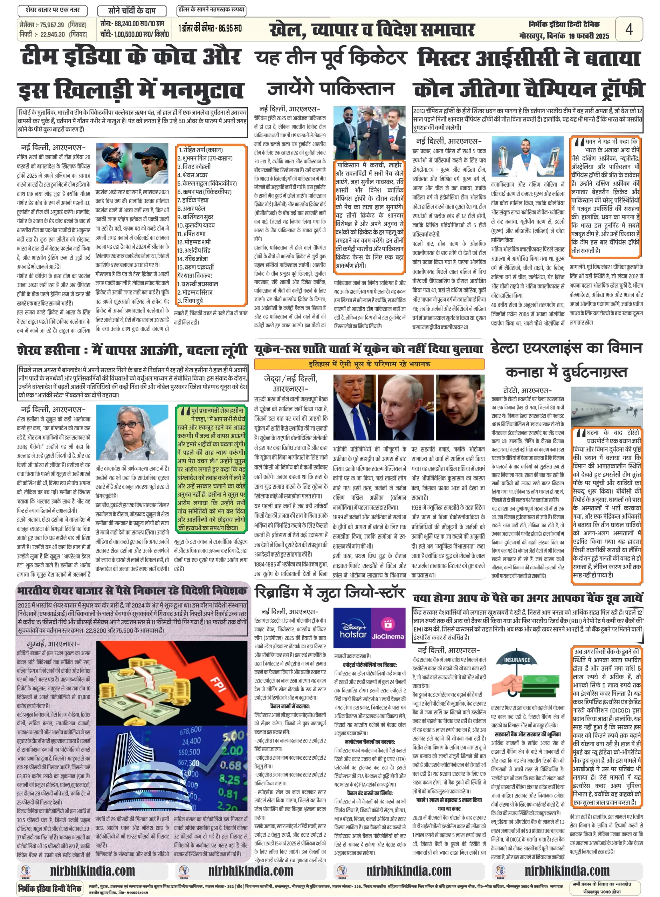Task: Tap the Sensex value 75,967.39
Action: pyautogui.click(x=51, y=25)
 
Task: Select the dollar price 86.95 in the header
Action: pyautogui.click(x=232, y=28)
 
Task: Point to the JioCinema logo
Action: pyautogui.click(x=387, y=631)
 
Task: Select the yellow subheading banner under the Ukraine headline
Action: pyautogui.click(x=369, y=364)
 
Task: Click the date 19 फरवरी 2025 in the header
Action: pyautogui.click(x=589, y=36)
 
